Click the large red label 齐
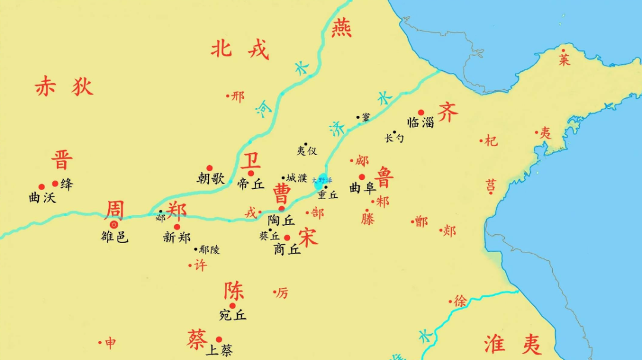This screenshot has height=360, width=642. click(448, 111)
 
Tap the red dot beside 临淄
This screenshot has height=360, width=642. click(421, 112)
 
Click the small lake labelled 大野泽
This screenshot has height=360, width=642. click(322, 180)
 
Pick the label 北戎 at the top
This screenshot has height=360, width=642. click(240, 49)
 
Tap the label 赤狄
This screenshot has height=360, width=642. click(64, 87)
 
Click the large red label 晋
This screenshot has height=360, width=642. click(62, 160)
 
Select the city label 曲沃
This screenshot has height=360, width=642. click(42, 198)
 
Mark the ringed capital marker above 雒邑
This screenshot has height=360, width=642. click(114, 225)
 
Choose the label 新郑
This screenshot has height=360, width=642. click(177, 237)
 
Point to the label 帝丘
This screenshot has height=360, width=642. click(250, 184)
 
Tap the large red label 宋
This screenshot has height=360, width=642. click(309, 236)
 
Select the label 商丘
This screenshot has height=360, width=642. click(287, 250)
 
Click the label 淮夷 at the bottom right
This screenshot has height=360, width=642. click(512, 344)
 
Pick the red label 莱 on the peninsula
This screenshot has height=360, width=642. click(564, 59)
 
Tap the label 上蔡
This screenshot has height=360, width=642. click(219, 350)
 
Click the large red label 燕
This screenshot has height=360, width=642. click(342, 27)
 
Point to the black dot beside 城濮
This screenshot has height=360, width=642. click(284, 177)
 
